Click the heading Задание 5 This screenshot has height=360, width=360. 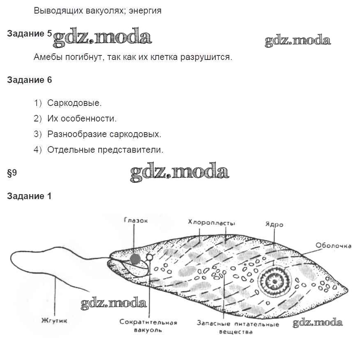(30, 34)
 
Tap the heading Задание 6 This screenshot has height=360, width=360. (30, 80)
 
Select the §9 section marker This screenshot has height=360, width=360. (12, 173)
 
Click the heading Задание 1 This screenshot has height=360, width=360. (30, 196)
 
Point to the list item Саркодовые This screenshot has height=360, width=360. (74, 103)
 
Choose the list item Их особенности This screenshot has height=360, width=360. (82, 119)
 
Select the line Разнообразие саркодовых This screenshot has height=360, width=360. (104, 134)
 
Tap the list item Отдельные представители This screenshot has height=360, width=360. (105, 150)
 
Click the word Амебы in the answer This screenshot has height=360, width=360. (48, 57)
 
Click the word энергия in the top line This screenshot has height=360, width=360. (145, 11)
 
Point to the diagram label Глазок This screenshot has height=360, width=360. (136, 220)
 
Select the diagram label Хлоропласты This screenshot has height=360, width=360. (212, 222)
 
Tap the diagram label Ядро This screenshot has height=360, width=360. (274, 224)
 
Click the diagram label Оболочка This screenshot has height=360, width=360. (333, 245)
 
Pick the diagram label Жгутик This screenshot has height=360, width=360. (54, 321)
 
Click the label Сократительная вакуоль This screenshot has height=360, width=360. (148, 326)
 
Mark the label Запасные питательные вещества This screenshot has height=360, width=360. (238, 328)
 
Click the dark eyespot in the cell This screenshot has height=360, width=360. (135, 259)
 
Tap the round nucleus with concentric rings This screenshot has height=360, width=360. (275, 281)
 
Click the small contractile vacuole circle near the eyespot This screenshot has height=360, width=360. (150, 257)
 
